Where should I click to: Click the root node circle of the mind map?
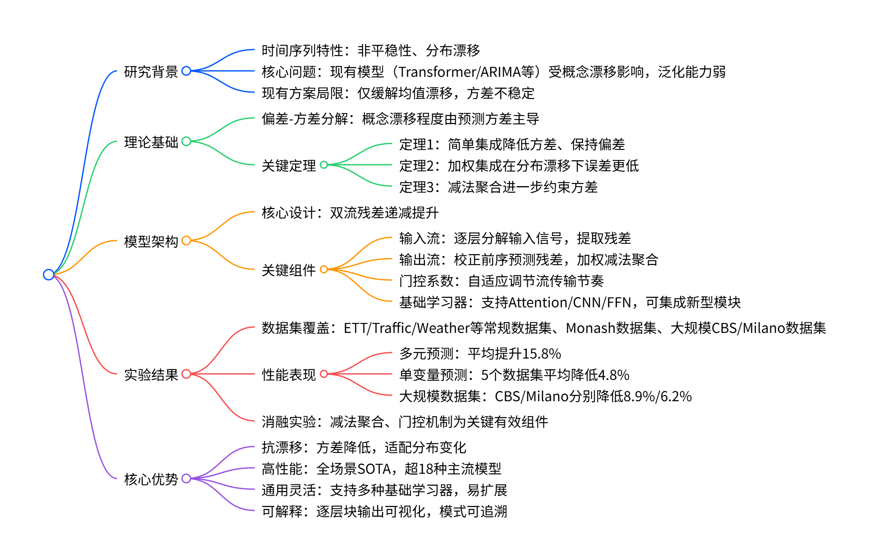(49, 274)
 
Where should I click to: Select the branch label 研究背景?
(151, 72)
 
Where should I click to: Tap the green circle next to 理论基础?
(186, 141)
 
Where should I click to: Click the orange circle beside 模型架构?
(186, 241)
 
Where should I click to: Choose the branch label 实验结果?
(151, 375)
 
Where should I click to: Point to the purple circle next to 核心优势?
(186, 478)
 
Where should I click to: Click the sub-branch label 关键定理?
(289, 166)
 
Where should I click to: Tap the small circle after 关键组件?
(324, 269)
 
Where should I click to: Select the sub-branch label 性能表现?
(289, 375)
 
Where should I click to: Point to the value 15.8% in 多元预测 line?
(541, 354)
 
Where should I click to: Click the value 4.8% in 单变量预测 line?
(614, 375)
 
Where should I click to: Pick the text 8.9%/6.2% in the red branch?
(658, 397)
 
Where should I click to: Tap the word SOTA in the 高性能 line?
(374, 469)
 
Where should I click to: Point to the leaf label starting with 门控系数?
(501, 281)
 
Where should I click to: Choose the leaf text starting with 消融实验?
(405, 422)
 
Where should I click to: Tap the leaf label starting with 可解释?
(384, 511)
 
